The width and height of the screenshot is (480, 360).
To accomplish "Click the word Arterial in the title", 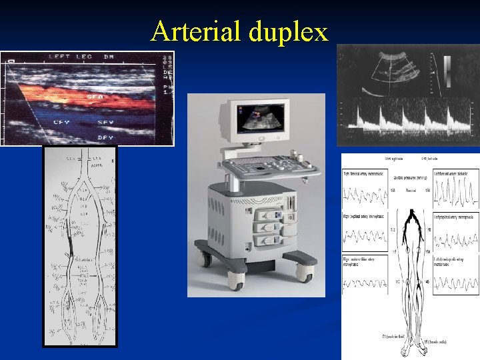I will [197, 31].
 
